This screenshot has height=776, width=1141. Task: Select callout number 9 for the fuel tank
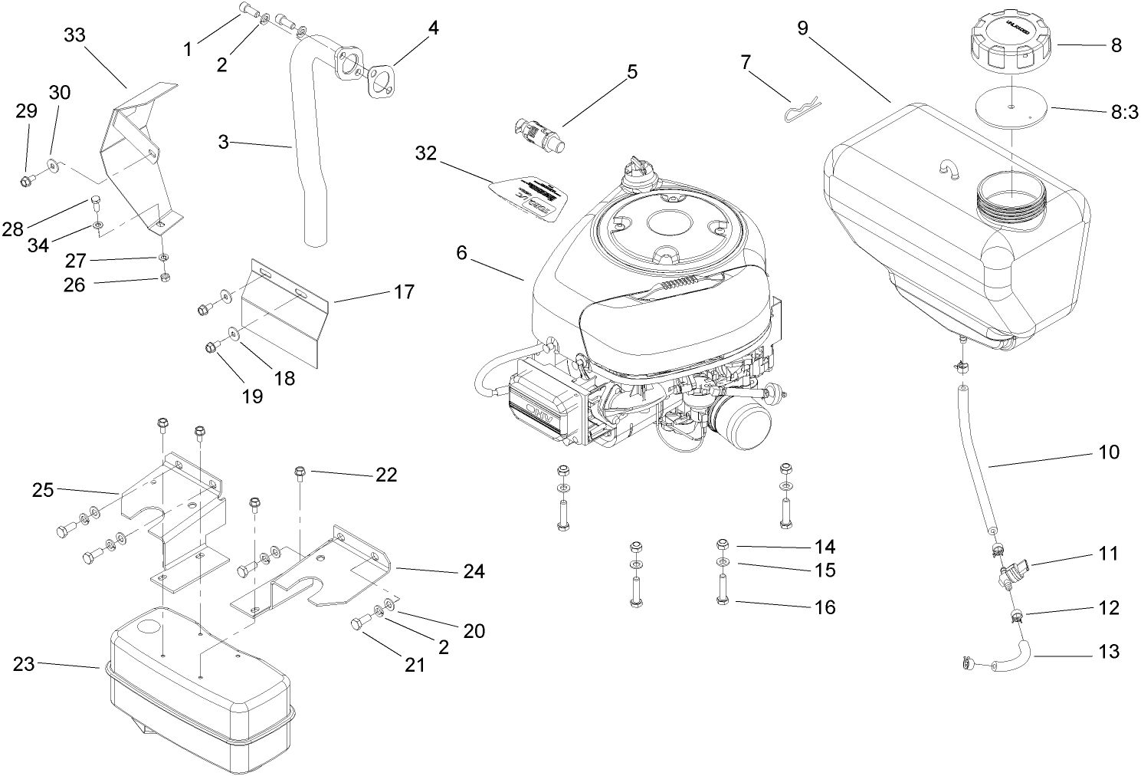pyautogui.click(x=802, y=29)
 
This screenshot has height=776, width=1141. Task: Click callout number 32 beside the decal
pyautogui.click(x=425, y=153)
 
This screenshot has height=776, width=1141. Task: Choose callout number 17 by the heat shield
pyautogui.click(x=404, y=292)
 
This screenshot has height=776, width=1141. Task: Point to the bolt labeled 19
pyautogui.click(x=211, y=347)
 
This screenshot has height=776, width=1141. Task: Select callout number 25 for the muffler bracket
pyautogui.click(x=43, y=489)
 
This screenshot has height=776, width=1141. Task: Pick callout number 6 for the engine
pyautogui.click(x=461, y=252)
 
